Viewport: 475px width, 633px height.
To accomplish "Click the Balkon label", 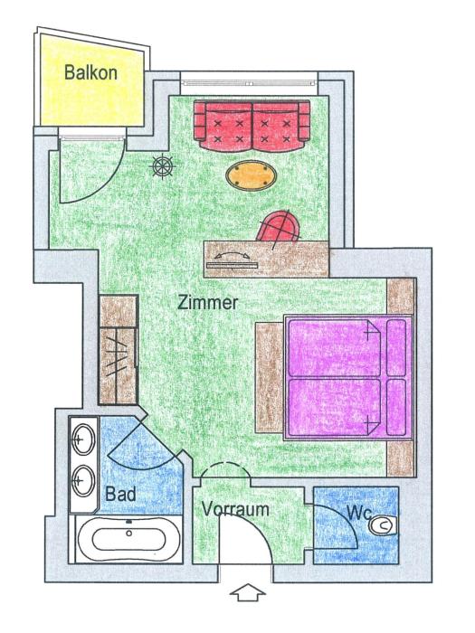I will pyautogui.click(x=90, y=71).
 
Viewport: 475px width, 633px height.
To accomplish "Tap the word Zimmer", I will pyautogui.click(x=209, y=303).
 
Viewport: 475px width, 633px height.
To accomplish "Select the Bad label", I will pyautogui.click(x=120, y=495).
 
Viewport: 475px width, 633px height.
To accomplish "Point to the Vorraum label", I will pyautogui.click(x=235, y=508).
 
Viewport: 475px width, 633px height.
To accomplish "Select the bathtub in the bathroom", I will pyautogui.click(x=122, y=542).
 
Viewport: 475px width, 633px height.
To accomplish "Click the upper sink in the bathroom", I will pyautogui.click(x=82, y=440).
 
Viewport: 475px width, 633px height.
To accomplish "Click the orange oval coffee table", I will pyautogui.click(x=252, y=175).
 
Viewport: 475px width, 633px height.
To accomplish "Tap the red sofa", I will pyautogui.click(x=252, y=125).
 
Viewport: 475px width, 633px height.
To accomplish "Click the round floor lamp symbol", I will pyautogui.click(x=163, y=165).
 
